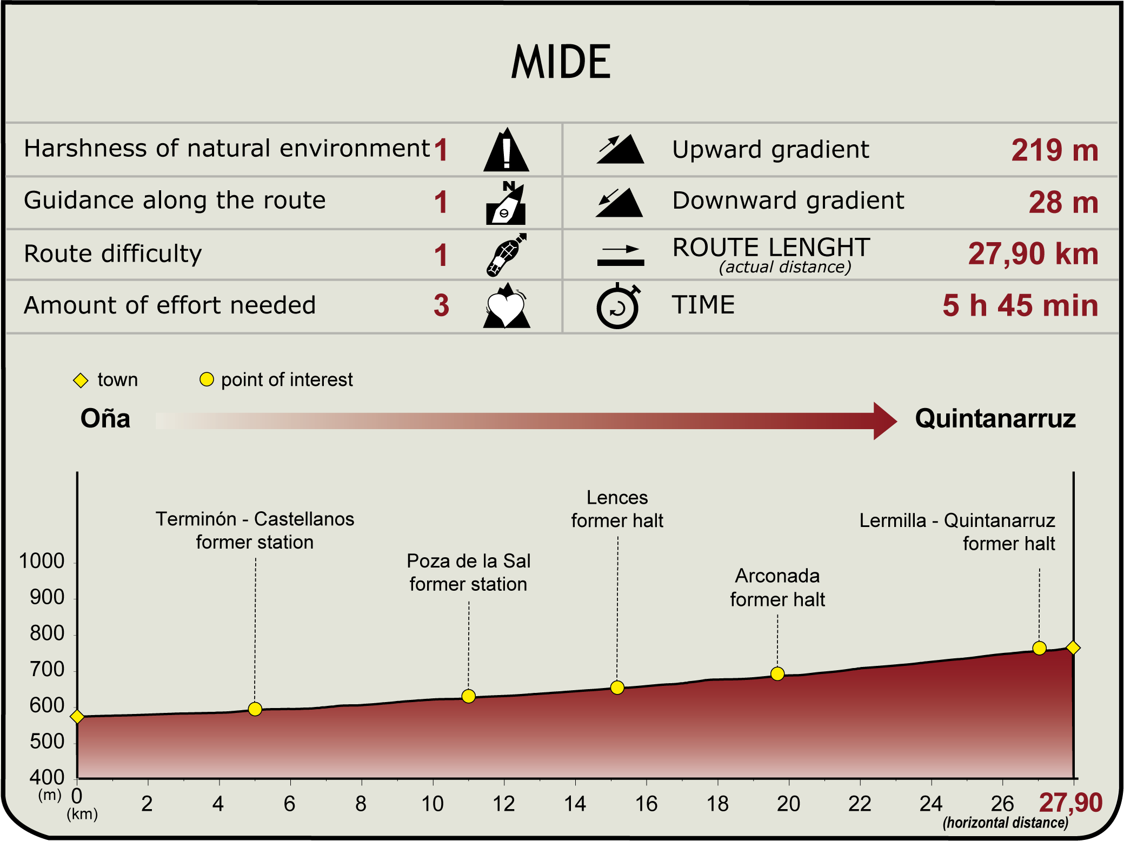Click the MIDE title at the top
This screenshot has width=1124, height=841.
pos(561,62)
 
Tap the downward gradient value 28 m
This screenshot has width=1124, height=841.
pos(1063,202)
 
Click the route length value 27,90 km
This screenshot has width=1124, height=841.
pos(1033,253)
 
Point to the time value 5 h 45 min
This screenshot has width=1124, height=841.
pos(1020,305)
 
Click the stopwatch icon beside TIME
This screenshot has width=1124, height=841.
pos(618,306)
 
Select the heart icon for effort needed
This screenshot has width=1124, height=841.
pos(506,306)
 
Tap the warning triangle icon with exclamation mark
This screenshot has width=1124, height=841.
pos(506,151)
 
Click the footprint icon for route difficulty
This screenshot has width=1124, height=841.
pos(506,255)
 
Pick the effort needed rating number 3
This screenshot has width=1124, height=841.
pos(441,305)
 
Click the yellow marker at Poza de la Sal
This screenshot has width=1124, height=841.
pos(469,696)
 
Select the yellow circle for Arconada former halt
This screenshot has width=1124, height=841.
pos(777,674)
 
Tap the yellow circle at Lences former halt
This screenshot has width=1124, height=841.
pos(617,688)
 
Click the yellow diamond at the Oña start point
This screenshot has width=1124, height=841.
pos(77,717)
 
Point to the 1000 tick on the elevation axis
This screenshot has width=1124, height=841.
pos(42,561)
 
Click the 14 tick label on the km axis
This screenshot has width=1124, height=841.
pos(575,804)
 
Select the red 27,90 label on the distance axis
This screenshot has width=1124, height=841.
pos(1070,803)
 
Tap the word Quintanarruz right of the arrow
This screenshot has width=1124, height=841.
pos(995,419)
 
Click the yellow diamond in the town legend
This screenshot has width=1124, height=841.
pos(81,381)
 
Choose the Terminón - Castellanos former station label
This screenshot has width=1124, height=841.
pos(255,530)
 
